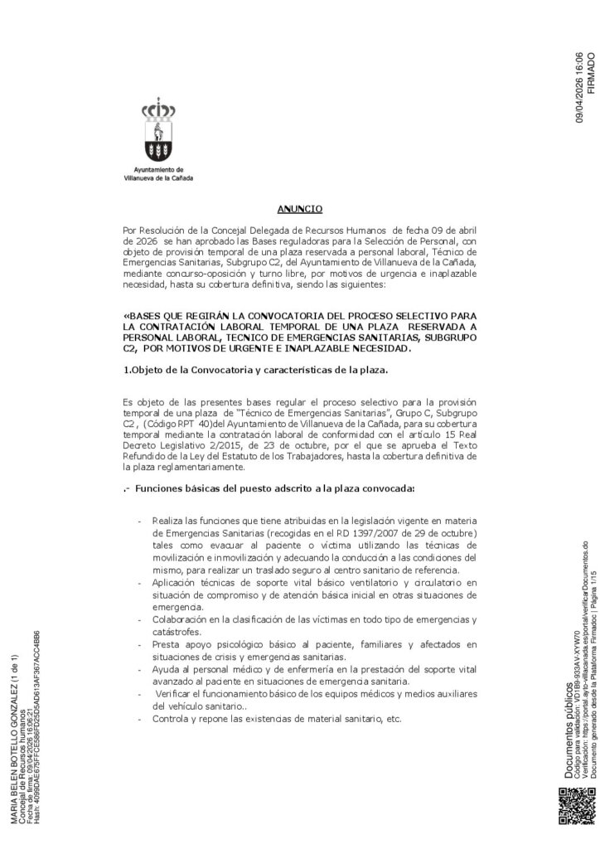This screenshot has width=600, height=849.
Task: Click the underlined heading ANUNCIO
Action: pos(299,209)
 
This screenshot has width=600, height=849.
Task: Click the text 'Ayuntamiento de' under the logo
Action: pos(157,170)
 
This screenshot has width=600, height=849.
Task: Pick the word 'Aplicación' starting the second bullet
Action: pos(175,583)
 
